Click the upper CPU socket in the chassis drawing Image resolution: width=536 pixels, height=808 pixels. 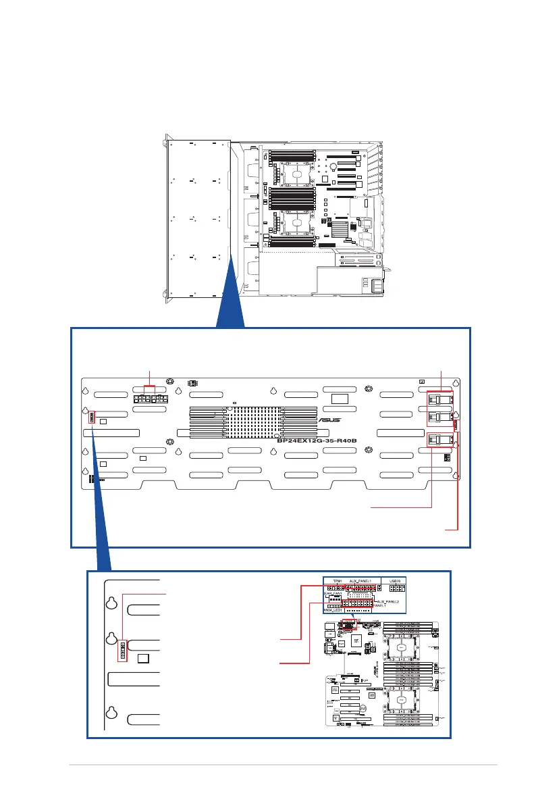295,173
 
